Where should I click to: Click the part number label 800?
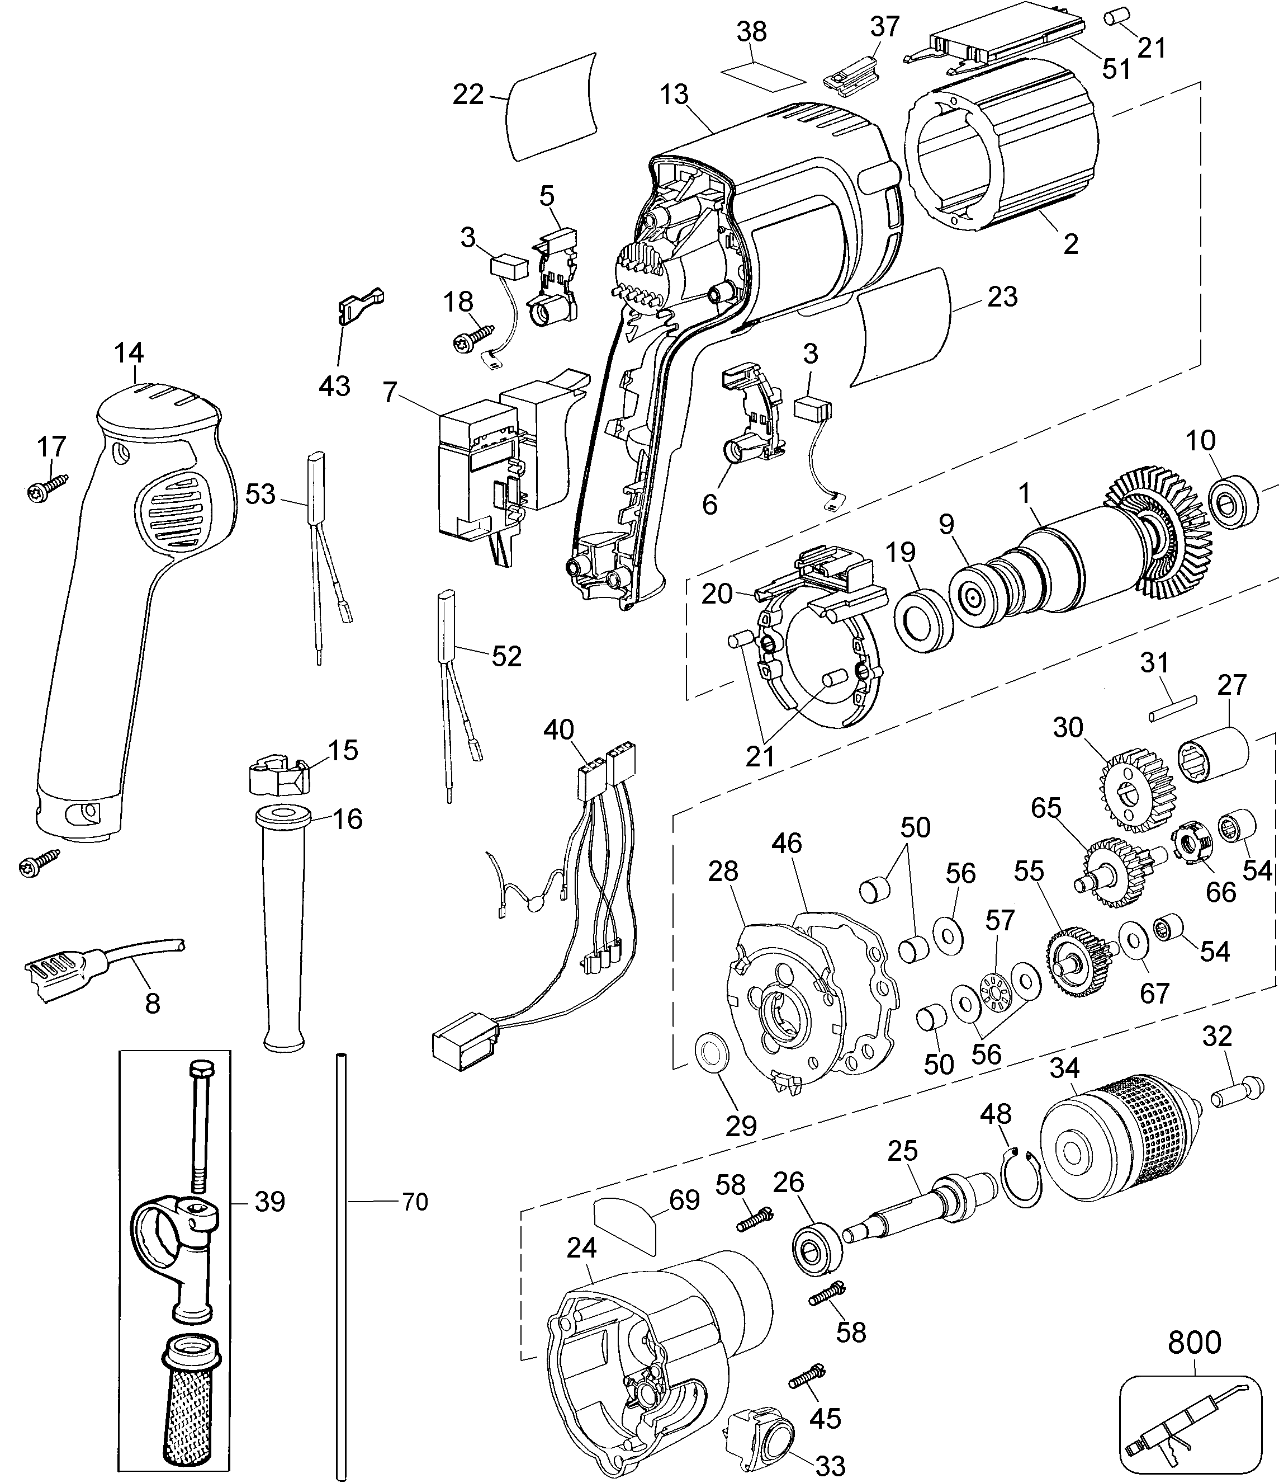(1194, 1342)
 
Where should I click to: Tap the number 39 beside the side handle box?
(269, 1202)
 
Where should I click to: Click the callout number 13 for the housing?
(674, 95)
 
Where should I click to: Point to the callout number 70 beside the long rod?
(415, 1202)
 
